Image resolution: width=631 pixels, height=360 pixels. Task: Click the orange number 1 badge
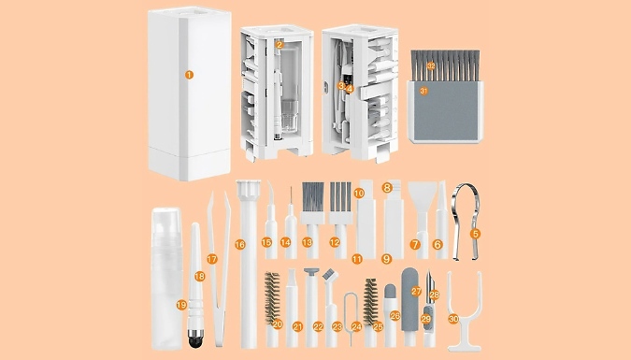coord(188,74)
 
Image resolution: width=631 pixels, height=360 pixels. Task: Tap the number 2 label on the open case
coord(280,43)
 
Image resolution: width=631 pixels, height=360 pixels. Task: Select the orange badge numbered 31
coord(423,91)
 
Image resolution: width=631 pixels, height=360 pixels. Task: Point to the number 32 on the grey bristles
coord(431,65)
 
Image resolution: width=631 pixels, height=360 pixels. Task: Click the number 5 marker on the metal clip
coord(475,232)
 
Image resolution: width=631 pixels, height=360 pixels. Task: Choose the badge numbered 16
coord(239,245)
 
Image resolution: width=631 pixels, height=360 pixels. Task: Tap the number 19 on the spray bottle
coord(180,305)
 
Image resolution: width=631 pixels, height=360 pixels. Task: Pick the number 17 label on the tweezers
coord(212,258)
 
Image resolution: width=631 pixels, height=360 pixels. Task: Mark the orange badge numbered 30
coord(452,319)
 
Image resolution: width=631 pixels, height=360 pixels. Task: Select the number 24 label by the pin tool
coord(355,326)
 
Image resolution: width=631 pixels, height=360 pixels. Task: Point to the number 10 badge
coord(358,194)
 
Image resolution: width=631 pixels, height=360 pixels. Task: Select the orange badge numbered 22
coord(319,326)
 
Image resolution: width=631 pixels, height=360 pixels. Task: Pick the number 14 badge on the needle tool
coord(287,243)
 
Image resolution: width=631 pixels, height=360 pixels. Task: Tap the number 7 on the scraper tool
coord(414,244)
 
